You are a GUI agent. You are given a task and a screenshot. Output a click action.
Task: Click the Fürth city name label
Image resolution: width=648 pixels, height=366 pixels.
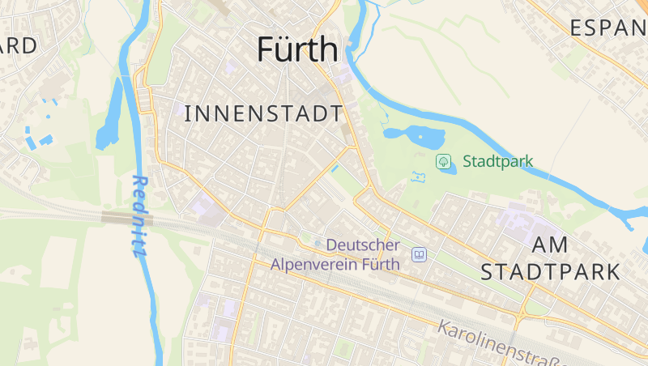[296, 49]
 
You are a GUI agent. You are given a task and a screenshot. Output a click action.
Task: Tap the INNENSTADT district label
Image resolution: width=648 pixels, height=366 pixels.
[264, 114]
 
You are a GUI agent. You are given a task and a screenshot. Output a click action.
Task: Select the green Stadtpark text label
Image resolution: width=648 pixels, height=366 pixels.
[497, 161]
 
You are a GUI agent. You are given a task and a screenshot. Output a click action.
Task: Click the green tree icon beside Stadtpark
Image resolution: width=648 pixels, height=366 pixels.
[444, 161]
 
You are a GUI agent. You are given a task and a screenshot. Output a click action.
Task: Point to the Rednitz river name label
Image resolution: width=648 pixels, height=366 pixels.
[139, 216]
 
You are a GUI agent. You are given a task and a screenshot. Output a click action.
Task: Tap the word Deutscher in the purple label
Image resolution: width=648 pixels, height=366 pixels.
[362, 245]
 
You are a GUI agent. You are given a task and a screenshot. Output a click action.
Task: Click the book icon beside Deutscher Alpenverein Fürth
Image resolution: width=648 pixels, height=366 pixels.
[419, 255]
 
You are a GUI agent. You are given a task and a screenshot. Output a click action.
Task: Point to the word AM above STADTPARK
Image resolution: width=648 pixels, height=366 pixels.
[550, 245]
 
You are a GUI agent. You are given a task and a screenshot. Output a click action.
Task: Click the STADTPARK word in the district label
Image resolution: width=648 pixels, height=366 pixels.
[550, 271]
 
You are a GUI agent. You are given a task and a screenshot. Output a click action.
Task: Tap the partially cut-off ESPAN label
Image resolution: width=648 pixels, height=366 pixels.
[607, 28]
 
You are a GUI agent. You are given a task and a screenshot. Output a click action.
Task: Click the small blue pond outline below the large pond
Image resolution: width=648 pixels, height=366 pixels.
[419, 177]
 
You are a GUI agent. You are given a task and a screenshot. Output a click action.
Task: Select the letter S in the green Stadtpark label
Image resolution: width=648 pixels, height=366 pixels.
[467, 161]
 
